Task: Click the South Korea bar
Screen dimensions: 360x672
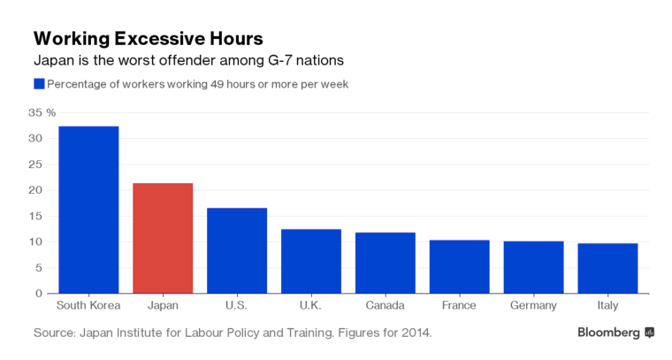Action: point(88,210)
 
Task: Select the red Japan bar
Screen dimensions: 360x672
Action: point(163,238)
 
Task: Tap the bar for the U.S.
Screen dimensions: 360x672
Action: point(237,250)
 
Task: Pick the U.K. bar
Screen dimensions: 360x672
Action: point(311,261)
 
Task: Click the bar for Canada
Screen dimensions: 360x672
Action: point(385,263)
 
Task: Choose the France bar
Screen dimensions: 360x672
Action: point(459,266)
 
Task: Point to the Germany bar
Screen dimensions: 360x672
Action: point(533,267)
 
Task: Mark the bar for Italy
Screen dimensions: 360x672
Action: point(607,268)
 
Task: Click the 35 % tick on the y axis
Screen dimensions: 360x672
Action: point(42,113)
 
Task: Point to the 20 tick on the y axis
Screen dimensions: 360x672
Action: point(35,190)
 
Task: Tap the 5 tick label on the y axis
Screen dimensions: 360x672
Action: point(39,267)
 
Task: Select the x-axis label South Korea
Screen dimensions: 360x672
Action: point(88,306)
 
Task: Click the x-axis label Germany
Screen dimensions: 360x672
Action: point(533,306)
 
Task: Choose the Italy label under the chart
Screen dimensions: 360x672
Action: point(607,306)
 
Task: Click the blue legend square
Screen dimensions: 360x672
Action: point(39,84)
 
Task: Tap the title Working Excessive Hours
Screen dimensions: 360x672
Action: point(148,39)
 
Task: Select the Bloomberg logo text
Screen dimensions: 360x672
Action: point(608,333)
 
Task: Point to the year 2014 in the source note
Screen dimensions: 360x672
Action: point(416,333)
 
